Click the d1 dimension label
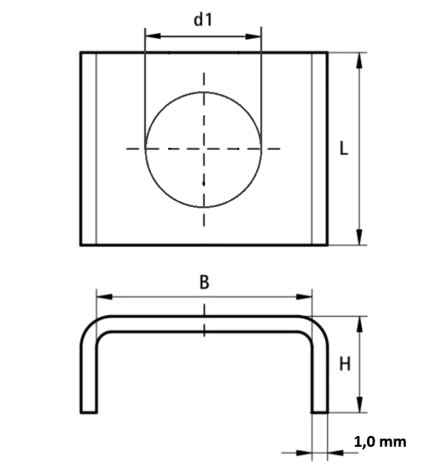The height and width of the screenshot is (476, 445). [203, 20]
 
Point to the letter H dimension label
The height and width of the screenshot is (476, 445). [345, 364]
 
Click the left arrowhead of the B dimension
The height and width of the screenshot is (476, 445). [101, 297]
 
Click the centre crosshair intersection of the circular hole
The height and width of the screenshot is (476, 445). [204, 149]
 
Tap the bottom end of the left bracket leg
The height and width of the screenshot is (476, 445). [89, 412]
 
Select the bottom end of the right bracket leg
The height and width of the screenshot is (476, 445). [319, 412]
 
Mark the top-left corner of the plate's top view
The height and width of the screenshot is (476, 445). [81, 52]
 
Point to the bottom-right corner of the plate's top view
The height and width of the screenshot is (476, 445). [327, 245]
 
